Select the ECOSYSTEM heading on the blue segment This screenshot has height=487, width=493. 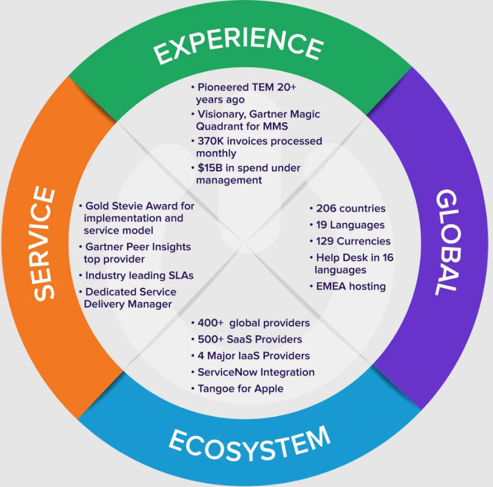[x=249, y=442]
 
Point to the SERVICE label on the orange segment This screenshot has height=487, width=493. [x=45, y=243]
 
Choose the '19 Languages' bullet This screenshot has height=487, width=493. [x=350, y=225]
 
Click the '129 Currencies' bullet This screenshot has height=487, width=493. [x=353, y=241]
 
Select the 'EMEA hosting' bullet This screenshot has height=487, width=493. [x=351, y=286]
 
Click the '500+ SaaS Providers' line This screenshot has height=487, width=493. [x=249, y=339]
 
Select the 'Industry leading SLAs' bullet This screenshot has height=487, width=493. [x=139, y=275]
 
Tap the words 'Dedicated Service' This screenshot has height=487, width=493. [x=131, y=292]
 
